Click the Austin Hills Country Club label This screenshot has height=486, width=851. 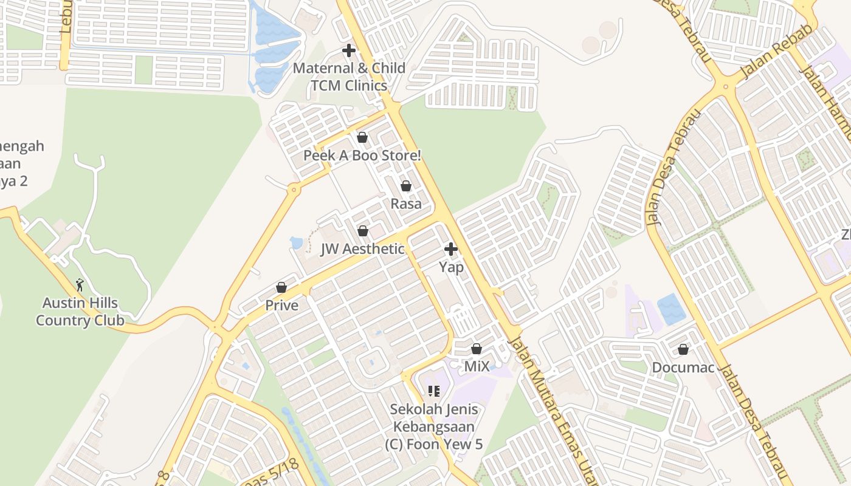click(x=80, y=312)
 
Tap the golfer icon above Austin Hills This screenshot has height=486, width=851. click(x=80, y=284)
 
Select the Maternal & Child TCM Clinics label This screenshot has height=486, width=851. click(x=349, y=77)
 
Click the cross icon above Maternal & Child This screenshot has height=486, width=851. click(x=349, y=50)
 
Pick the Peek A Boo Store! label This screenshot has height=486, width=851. click(x=362, y=156)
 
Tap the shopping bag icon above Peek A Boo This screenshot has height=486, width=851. click(x=362, y=138)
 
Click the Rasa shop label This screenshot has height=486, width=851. click(x=406, y=204)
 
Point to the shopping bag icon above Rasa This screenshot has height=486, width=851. click(x=406, y=186)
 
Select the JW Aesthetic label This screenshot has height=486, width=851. click(x=363, y=248)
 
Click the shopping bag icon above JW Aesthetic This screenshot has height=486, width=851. click(x=363, y=231)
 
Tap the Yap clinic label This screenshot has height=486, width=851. click(x=451, y=267)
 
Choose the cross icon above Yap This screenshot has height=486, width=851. click(x=451, y=249)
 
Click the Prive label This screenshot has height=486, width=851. click(x=281, y=305)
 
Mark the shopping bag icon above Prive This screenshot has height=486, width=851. click(x=281, y=287)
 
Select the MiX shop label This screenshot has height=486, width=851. click(x=477, y=366)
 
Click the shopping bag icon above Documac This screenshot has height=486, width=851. click(x=683, y=349)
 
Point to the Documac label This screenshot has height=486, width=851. click(x=683, y=368)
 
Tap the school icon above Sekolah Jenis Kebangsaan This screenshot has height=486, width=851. click(x=434, y=391)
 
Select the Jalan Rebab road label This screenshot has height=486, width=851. click(x=776, y=54)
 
